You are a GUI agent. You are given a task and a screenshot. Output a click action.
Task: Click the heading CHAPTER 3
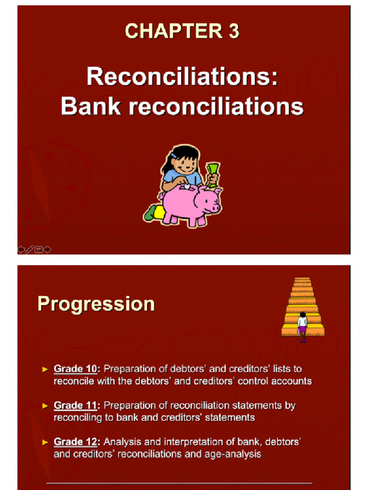(x=182, y=31)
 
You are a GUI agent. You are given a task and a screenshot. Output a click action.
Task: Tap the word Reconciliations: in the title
(x=182, y=77)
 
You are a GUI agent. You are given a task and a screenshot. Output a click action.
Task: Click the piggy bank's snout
(x=215, y=208)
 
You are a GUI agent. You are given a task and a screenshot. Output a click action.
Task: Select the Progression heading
(x=96, y=304)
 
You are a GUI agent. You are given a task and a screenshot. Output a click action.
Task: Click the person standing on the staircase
(x=302, y=325)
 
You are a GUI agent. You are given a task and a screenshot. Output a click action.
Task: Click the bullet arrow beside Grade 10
(x=46, y=369)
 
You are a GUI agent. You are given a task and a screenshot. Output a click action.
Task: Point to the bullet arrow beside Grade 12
(x=46, y=442)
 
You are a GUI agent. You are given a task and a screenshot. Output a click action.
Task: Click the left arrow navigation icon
(x=21, y=249)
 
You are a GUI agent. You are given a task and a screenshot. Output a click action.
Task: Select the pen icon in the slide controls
(x=30, y=249)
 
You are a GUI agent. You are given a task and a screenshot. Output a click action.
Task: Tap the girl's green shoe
(x=150, y=213)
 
